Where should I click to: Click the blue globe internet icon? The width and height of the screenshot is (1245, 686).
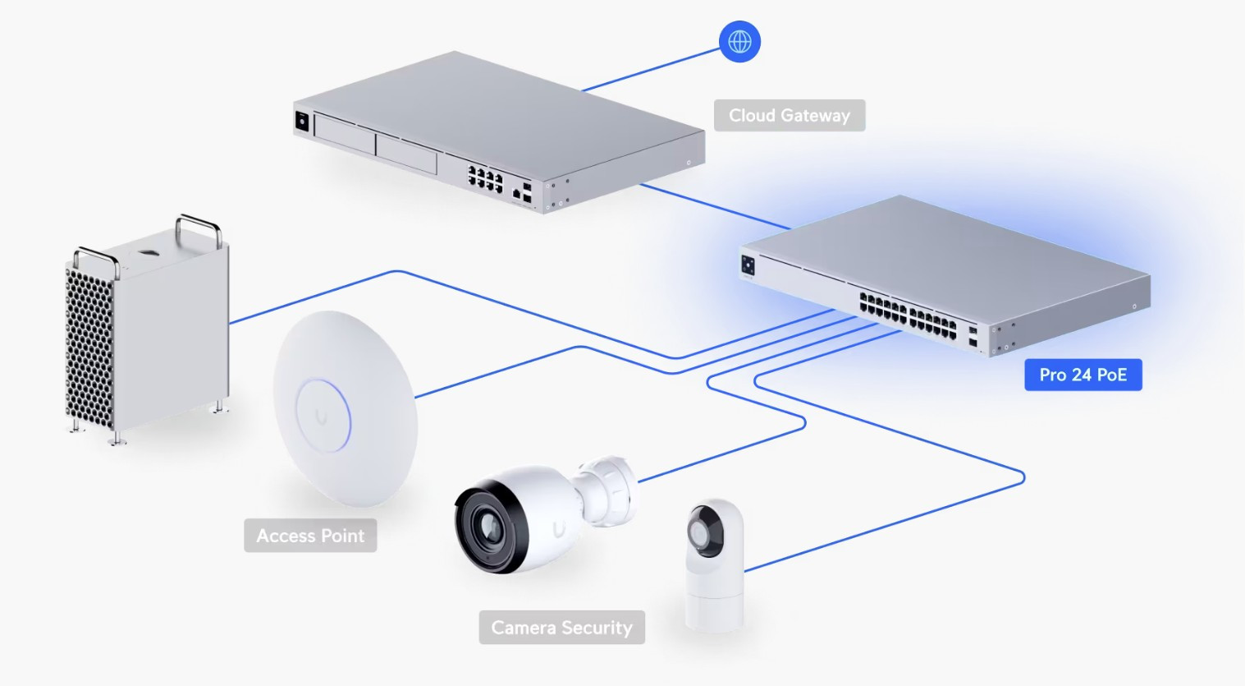739,42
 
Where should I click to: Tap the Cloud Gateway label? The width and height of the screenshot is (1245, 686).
790,115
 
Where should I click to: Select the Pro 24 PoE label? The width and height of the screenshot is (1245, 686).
1083,375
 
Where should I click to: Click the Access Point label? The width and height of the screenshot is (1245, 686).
310,535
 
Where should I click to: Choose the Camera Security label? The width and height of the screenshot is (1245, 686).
562,628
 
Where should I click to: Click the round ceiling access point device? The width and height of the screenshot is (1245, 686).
346,409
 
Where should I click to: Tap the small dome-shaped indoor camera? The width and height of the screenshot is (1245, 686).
714,564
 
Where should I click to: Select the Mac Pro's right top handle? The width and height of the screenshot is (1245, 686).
199,229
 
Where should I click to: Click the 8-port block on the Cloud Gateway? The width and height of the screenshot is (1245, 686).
485,179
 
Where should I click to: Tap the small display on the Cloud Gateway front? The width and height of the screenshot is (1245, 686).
302,122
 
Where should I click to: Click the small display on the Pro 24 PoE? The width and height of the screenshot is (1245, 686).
748,265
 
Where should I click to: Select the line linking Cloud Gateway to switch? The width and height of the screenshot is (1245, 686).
715,206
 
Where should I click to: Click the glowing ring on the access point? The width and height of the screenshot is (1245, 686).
323,416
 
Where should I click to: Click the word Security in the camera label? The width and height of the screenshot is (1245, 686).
597,628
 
